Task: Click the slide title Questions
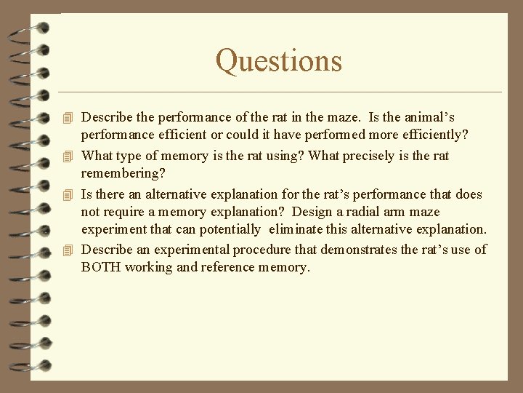pos(278,60)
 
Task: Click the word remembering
pos(123,174)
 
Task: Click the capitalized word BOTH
pos(101,267)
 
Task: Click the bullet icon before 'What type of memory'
pos(68,156)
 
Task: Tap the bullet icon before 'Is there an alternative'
pos(68,195)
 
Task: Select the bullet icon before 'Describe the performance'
pos(68,117)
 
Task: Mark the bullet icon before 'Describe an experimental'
pos(68,250)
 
